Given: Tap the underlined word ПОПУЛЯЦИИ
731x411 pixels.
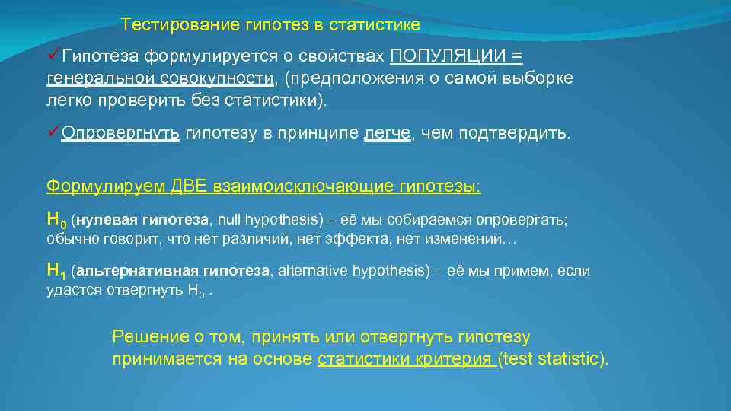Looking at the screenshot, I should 449,56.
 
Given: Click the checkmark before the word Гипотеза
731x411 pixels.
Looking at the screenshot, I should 54,56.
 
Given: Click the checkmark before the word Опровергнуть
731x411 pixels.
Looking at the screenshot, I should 54,133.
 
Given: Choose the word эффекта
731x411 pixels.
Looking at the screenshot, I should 365,240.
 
